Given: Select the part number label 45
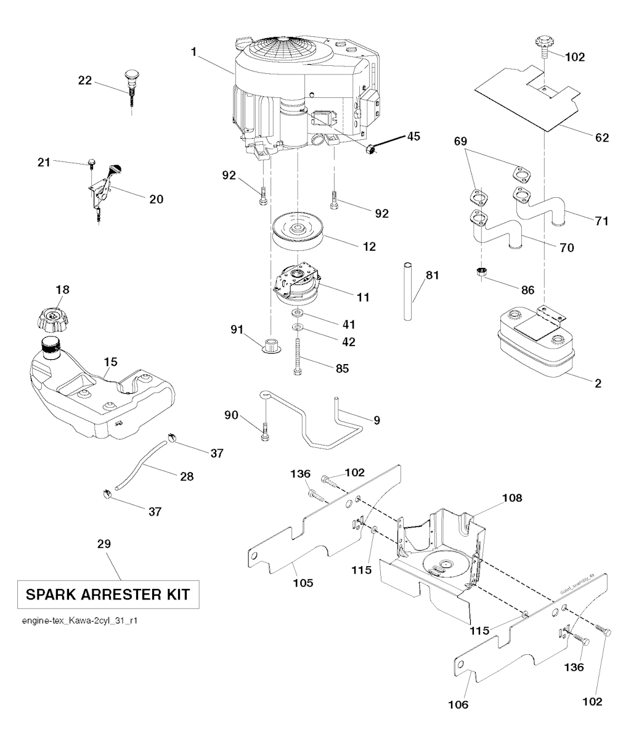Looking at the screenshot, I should tap(413, 136).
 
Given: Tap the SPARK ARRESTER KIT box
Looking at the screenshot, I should tap(108, 595).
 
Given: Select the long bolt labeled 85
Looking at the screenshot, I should tap(298, 355).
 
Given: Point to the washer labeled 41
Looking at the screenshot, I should tap(298, 315).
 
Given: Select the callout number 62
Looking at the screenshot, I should tap(601, 137).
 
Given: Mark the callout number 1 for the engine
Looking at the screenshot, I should tap(193, 53).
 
